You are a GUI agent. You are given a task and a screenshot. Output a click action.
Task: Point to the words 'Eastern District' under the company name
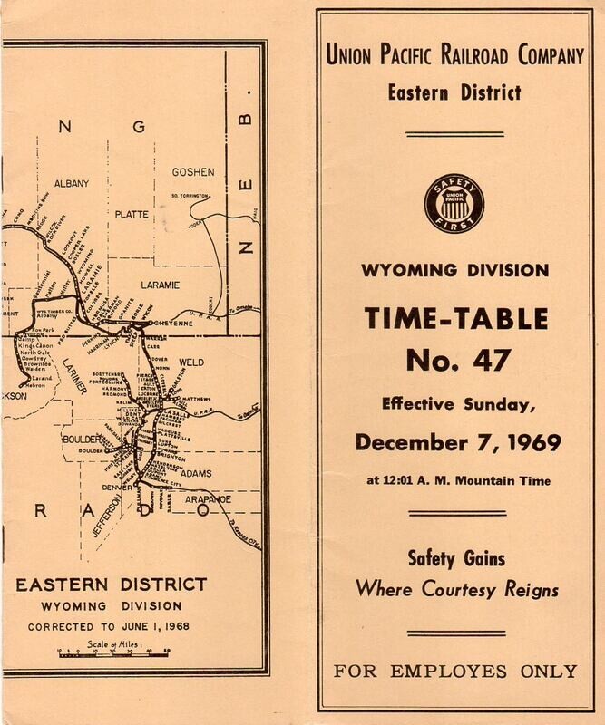point(456,91)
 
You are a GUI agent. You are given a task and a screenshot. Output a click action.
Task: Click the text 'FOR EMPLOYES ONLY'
point(456,671)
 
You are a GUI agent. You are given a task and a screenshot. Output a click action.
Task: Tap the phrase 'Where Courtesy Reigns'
point(456,592)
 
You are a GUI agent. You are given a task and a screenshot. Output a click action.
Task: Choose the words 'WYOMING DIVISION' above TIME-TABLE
point(456,269)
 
